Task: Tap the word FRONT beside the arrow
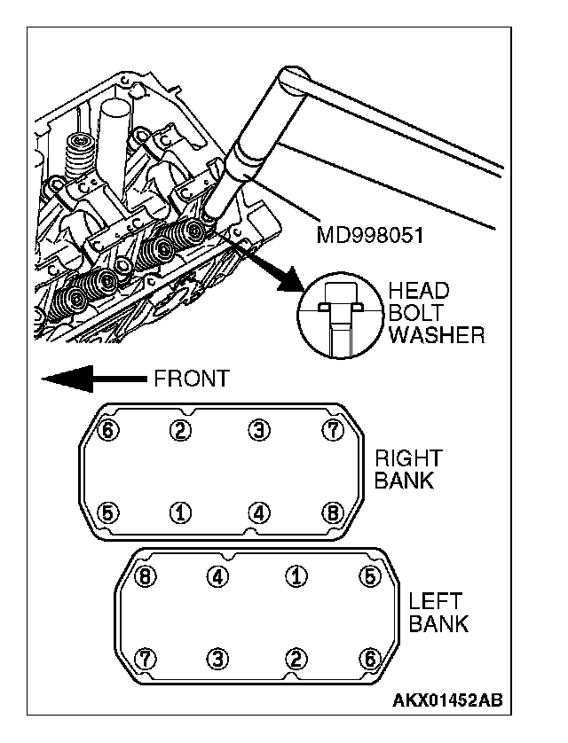tap(191, 379)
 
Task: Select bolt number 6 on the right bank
tap(110, 431)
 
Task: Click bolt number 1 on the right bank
tap(181, 512)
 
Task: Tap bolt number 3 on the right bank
tap(258, 431)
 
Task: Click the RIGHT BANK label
tap(407, 470)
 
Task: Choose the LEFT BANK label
tap(438, 612)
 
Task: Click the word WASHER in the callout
tap(437, 335)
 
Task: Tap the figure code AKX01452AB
tap(447, 701)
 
